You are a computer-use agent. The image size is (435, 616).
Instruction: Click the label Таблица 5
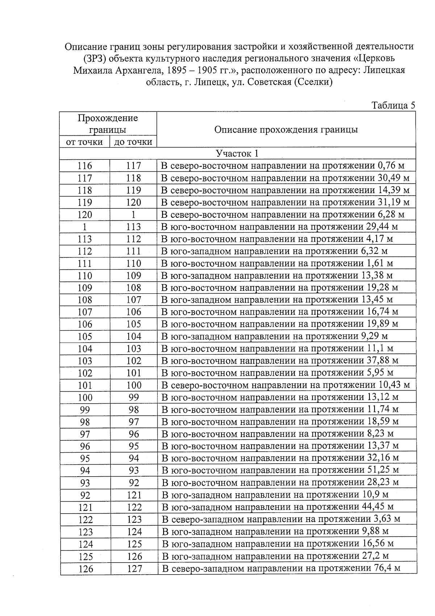coord(393,105)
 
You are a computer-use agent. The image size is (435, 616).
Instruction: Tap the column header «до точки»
coord(133,142)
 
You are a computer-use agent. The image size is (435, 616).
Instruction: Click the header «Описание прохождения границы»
coord(286,130)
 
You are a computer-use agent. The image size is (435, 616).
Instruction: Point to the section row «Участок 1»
coord(237,154)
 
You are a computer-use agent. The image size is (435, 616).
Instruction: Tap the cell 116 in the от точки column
coord(85,166)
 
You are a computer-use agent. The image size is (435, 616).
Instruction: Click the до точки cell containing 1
coord(133,215)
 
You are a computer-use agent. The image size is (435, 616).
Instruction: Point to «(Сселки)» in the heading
coord(312,82)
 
